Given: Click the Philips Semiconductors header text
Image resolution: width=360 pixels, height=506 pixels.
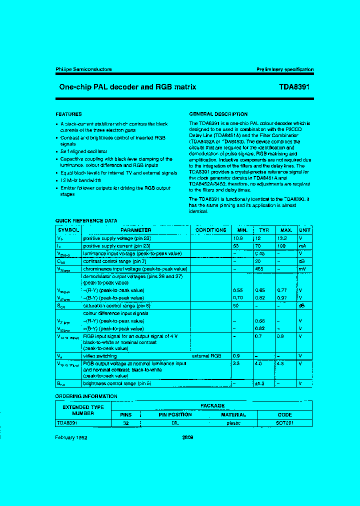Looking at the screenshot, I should (83, 69).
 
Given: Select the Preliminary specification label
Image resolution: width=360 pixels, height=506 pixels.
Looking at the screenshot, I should (285, 69).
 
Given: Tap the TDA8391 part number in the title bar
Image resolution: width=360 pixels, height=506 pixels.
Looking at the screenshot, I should (294, 87).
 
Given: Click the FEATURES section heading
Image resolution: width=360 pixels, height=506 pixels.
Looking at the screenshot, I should (68, 114).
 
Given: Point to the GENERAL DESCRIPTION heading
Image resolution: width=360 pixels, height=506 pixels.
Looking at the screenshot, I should (218, 114).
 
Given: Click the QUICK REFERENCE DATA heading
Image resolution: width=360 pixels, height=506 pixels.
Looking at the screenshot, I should (86, 220).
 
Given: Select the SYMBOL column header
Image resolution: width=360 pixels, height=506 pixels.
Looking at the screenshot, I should (68, 230).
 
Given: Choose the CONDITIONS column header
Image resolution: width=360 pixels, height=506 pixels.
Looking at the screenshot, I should (210, 230).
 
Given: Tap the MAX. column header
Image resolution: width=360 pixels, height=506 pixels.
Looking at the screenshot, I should (286, 230).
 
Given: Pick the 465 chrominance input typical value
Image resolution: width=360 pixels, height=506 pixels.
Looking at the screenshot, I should (259, 268).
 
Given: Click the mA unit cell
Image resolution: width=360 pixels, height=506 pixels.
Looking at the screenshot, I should (303, 246).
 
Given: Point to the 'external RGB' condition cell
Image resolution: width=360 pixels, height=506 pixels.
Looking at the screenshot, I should (206, 355).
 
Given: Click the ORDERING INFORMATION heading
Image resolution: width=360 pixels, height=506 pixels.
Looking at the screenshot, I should (86, 396).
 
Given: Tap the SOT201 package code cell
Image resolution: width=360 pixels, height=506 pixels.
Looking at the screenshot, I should (284, 422).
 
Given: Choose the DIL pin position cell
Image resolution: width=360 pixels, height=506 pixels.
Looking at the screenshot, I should (175, 422).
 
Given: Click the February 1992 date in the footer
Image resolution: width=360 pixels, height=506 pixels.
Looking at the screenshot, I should (72, 436).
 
